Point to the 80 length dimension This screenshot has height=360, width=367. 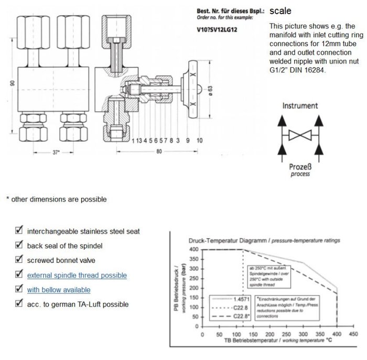(x=159, y=152)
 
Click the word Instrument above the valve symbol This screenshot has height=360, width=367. (x=300, y=105)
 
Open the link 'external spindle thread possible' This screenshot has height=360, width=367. (x=77, y=275)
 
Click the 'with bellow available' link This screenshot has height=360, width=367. (x=59, y=290)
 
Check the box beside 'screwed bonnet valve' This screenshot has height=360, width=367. (x=19, y=260)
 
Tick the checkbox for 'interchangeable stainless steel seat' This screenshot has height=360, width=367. (x=19, y=230)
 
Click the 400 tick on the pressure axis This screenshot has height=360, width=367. (x=193, y=249)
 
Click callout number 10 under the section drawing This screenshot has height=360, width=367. (x=199, y=141)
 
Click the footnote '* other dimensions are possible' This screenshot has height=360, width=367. (x=56, y=199)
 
